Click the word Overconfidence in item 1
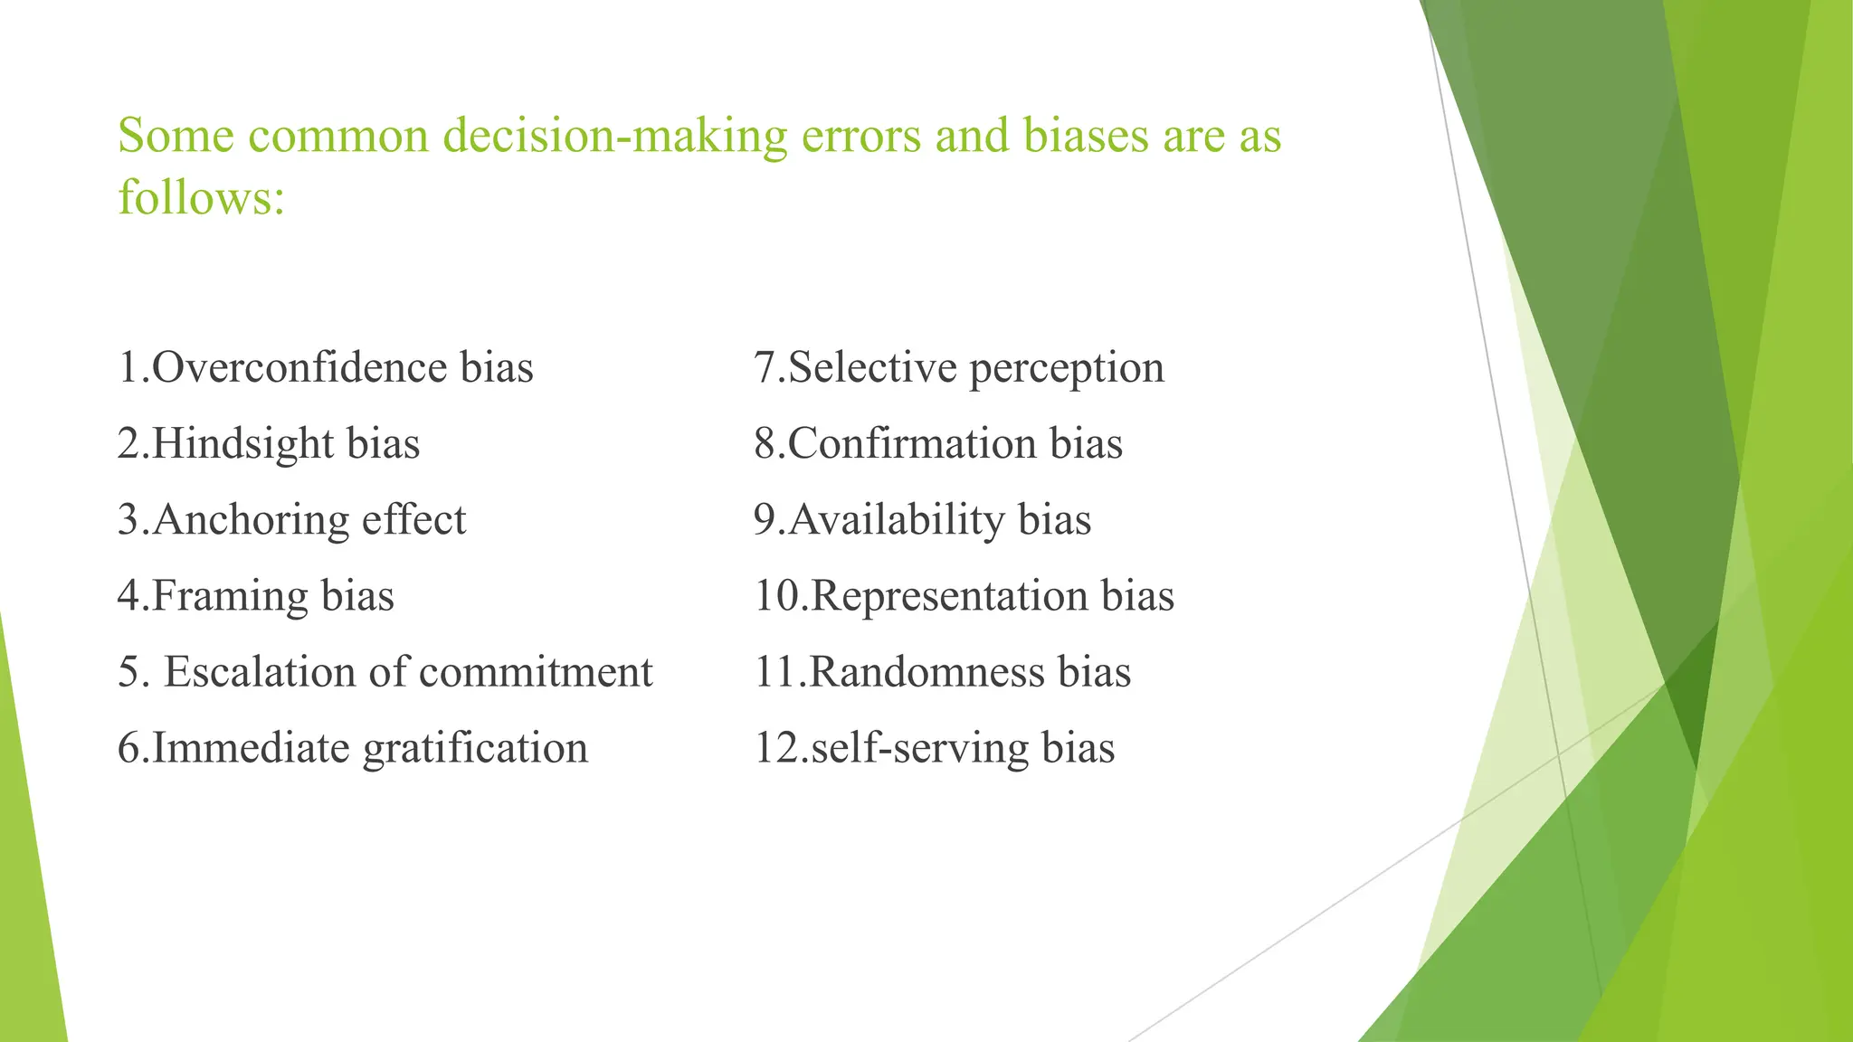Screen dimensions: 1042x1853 coord(299,367)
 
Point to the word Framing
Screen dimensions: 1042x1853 coord(230,596)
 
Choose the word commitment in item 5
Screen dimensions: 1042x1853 coord(536,672)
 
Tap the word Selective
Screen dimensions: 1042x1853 coord(872,367)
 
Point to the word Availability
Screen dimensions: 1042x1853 coord(896,520)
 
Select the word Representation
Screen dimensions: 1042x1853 coord(949,596)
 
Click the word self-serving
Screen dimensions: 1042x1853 coord(919,748)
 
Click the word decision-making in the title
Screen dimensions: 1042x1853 coord(615,136)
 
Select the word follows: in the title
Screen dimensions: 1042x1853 coord(201,197)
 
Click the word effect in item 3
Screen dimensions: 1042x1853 coord(413,520)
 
